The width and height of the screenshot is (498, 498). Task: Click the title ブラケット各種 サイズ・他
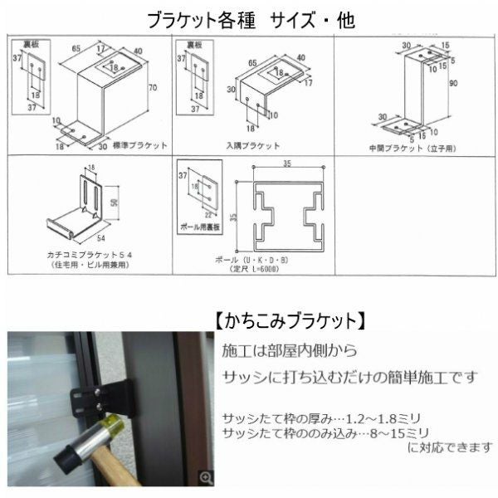[250, 19]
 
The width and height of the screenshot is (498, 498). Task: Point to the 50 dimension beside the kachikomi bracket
[115, 202]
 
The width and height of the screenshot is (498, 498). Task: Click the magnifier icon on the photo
[207, 476]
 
